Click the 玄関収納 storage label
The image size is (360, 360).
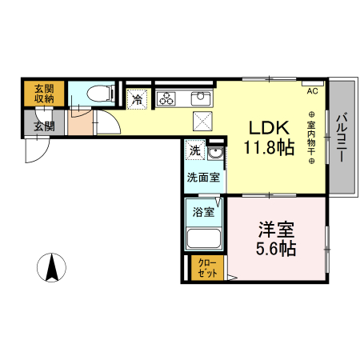click(44, 94)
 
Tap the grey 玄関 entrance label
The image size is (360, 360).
click(44, 124)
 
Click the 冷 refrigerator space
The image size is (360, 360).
click(138, 99)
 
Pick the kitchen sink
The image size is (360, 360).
click(199, 99)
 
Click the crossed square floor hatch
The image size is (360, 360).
click(202, 122)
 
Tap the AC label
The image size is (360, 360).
click(312, 90)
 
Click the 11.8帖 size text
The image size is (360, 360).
click(266, 147)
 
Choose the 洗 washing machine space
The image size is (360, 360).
click(195, 150)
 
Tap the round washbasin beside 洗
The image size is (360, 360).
click(214, 153)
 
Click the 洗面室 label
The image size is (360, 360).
click(203, 178)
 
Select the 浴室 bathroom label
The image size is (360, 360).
click(203, 212)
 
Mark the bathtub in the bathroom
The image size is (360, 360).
click(203, 239)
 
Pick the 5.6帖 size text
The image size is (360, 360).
click(276, 249)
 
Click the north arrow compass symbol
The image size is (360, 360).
click(53, 266)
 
